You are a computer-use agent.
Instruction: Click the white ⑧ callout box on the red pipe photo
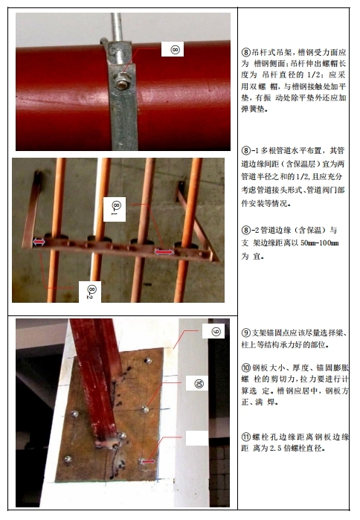click(173, 49)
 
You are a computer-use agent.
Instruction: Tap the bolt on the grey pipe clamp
click(121, 82)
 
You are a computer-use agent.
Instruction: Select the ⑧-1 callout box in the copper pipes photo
click(115, 209)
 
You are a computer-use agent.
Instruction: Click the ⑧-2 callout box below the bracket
click(90, 292)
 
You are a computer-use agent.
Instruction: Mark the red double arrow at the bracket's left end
click(39, 242)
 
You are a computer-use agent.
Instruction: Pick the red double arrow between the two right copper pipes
click(164, 252)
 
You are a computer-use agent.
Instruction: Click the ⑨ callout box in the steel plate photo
click(213, 331)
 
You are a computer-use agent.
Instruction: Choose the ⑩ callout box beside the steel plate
click(197, 383)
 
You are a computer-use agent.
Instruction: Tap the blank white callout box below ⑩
click(197, 438)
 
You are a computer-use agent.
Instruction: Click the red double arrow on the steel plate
click(147, 461)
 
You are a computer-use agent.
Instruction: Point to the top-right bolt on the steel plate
click(148, 361)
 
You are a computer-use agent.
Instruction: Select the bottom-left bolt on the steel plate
click(68, 459)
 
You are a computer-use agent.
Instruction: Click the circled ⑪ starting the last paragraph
click(246, 437)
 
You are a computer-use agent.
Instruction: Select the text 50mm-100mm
click(320, 243)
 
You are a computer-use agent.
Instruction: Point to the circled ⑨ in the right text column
click(246, 333)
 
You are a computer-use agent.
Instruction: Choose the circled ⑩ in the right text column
click(246, 367)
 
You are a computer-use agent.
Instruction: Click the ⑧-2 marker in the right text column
click(250, 230)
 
